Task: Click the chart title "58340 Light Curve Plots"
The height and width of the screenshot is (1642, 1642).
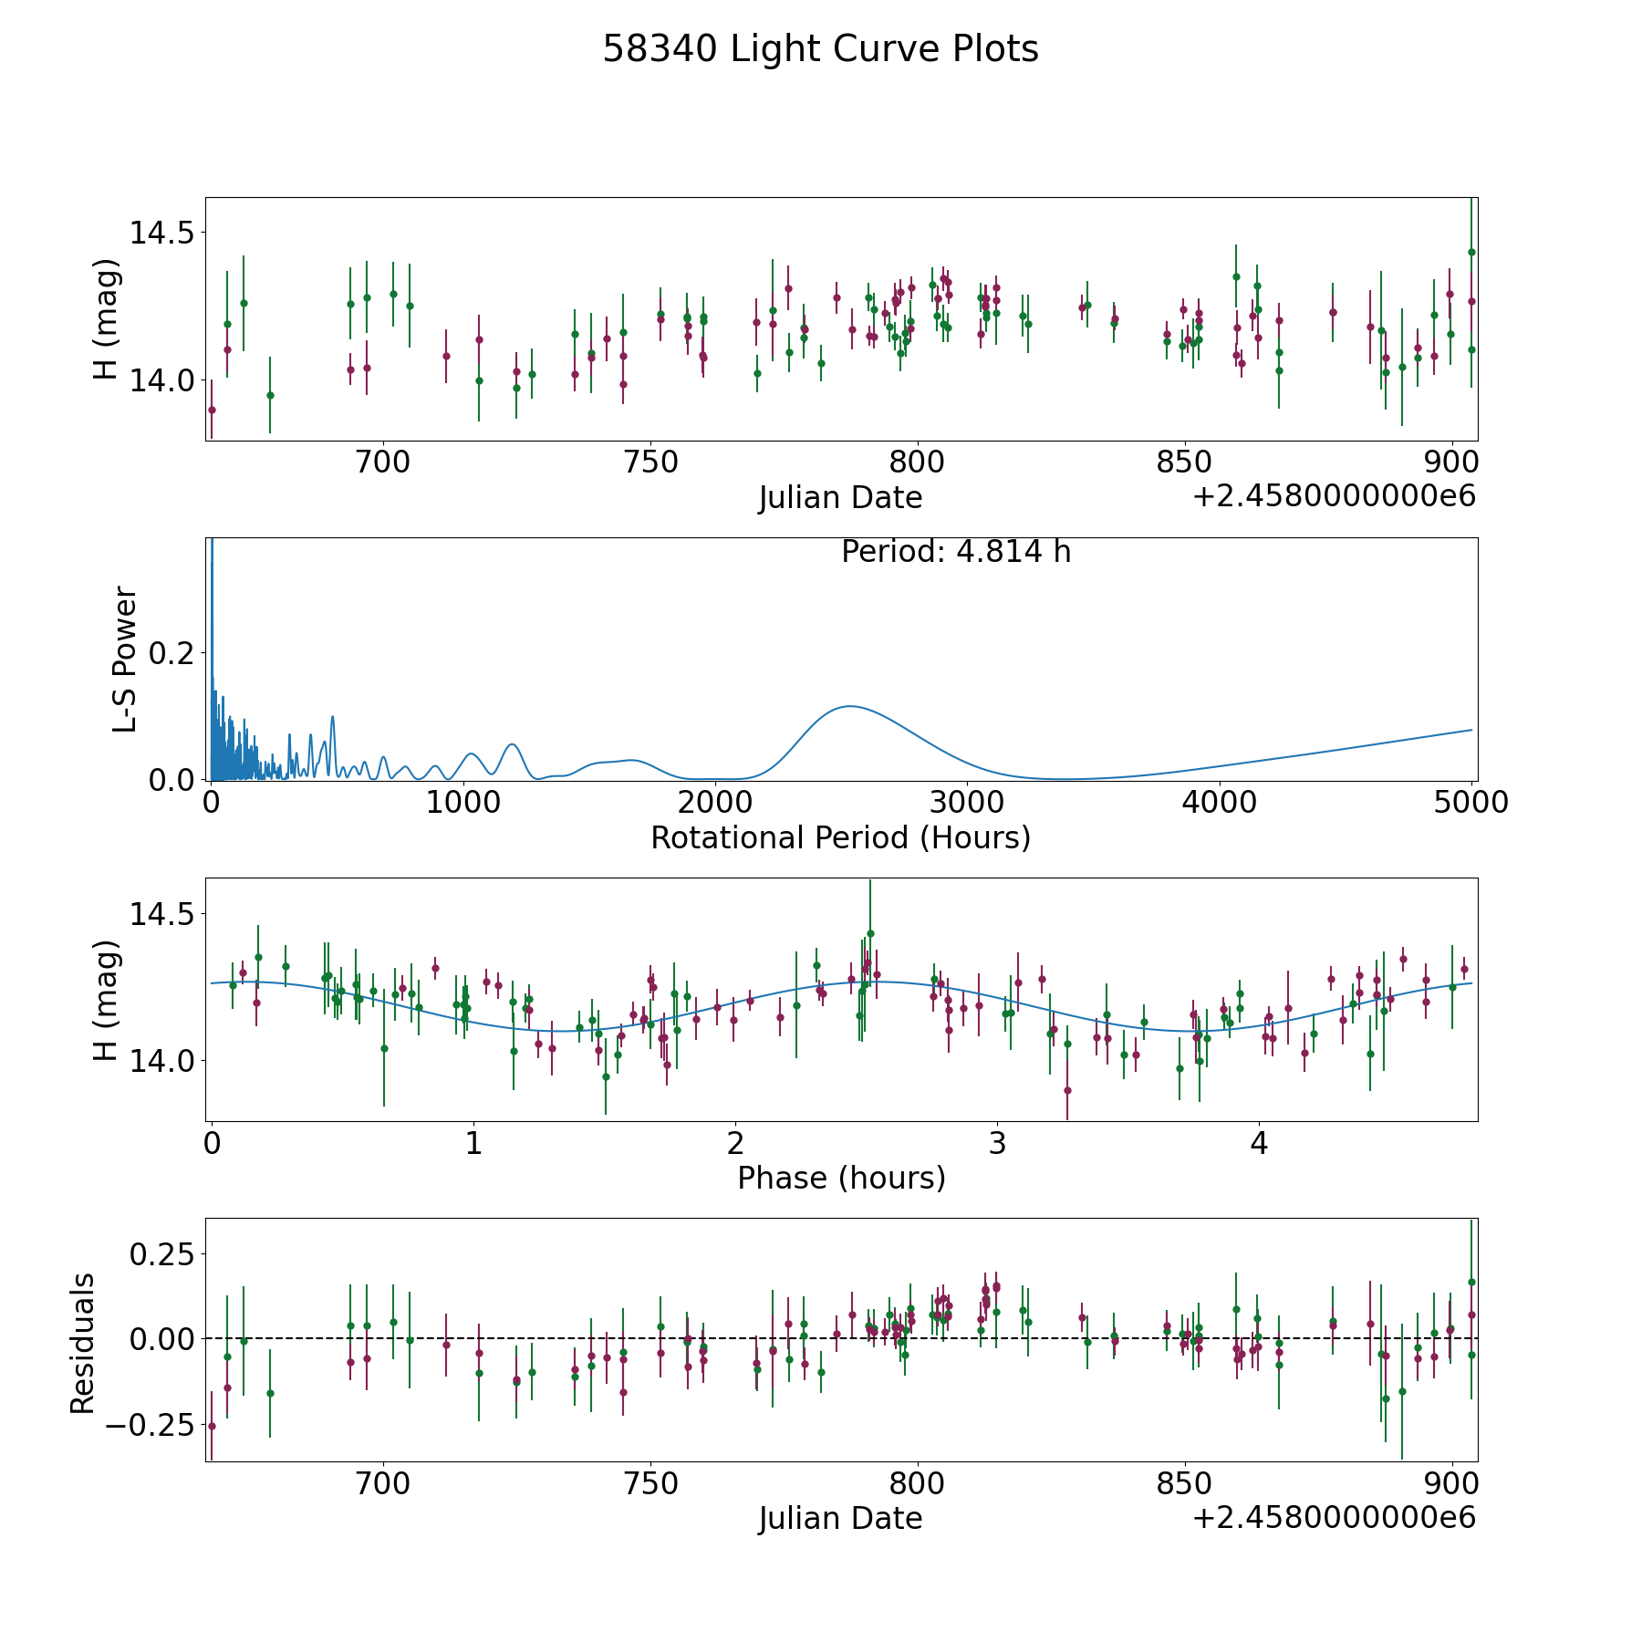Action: click(820, 49)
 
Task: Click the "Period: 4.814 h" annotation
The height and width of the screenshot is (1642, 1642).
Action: click(955, 552)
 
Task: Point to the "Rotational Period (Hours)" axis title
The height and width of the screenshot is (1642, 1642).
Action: click(840, 837)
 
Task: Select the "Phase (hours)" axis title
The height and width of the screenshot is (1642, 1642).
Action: click(841, 1178)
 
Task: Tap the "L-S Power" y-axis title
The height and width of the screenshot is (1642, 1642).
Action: click(125, 660)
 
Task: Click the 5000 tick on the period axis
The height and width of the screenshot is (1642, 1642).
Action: click(1471, 803)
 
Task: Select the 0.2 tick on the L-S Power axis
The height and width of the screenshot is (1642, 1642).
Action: click(171, 653)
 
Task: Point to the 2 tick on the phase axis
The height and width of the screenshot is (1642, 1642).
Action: click(735, 1144)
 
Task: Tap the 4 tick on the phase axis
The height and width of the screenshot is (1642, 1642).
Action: click(1259, 1144)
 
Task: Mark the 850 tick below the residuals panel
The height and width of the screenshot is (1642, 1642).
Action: click(1184, 1485)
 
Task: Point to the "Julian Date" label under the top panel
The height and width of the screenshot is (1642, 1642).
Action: click(840, 498)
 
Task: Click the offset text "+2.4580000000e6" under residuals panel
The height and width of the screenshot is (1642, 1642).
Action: click(1334, 1518)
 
